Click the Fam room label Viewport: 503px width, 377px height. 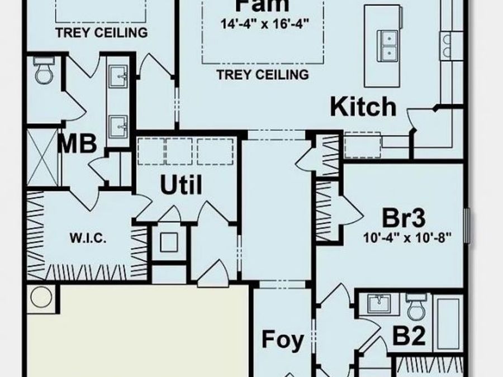262,6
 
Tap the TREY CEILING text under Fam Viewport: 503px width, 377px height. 263,74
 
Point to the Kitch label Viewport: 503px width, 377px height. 363,107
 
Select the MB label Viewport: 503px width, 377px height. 78,143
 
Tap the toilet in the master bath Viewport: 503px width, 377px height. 44,71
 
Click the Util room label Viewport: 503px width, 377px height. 181,185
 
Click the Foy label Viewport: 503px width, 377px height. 283,339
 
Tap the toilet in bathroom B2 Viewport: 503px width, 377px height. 416,306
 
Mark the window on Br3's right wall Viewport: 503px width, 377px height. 468,222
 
